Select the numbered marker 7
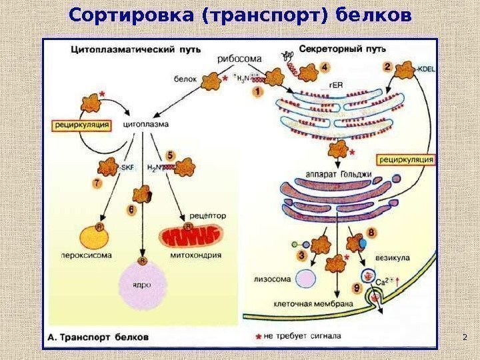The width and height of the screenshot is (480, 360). click(98, 182)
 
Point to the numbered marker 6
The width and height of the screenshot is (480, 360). click(131, 209)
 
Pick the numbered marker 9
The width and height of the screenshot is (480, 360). click(357, 288)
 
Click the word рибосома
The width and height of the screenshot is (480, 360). click(237, 59)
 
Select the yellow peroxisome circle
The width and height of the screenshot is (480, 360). click(97, 237)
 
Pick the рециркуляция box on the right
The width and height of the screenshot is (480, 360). click(406, 159)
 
